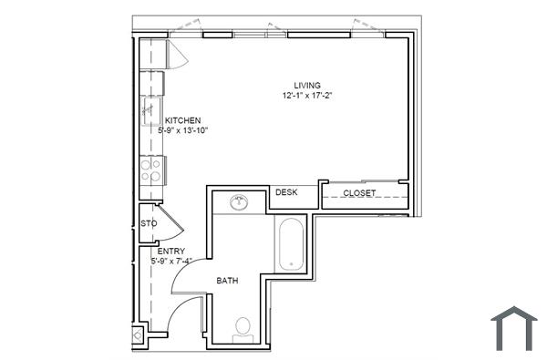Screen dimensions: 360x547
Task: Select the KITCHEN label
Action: (182, 120)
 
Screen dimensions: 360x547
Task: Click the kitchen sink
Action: (150, 114)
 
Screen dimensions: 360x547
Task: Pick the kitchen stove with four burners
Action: (150, 169)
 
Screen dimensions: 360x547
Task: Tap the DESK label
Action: (286, 192)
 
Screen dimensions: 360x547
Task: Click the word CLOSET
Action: (359, 193)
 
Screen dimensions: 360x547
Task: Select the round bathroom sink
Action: (240, 201)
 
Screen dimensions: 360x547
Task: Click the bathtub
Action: (292, 243)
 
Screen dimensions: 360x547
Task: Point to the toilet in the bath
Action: (243, 327)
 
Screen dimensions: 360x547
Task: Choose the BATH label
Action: (227, 281)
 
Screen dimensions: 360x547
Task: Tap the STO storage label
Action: (149, 223)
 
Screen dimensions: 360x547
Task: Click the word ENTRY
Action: (171, 252)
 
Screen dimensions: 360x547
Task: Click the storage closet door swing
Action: (171, 225)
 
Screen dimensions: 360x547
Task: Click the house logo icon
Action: (513, 328)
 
